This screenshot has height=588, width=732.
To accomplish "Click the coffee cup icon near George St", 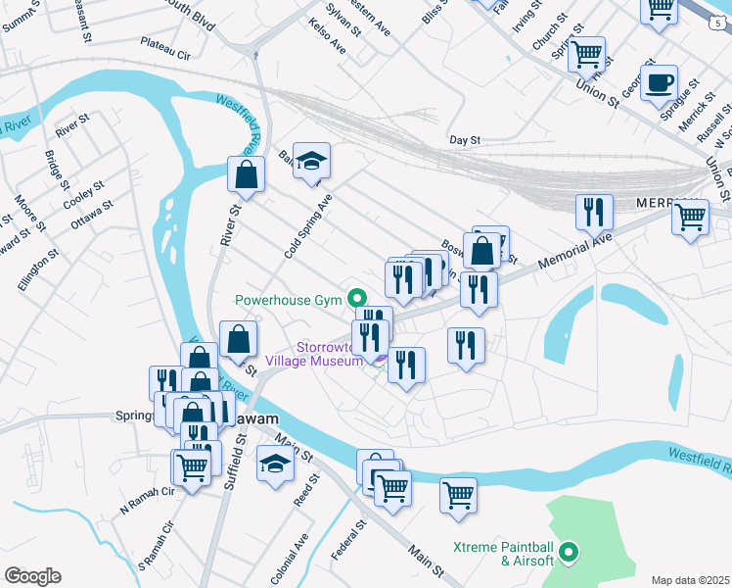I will click(659, 82).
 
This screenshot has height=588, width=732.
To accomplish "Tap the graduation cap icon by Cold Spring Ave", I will click(311, 161).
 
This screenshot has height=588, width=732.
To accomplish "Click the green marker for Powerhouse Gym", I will click(358, 299).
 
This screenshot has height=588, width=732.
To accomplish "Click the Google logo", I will click(32, 575).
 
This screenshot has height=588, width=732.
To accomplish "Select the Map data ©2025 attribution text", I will click(690, 580).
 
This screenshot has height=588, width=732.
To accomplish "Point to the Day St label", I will click(464, 140).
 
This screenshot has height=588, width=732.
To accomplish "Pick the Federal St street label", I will click(347, 540).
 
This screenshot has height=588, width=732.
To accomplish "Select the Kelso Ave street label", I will click(327, 35).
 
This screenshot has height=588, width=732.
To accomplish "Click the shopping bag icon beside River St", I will click(245, 175).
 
